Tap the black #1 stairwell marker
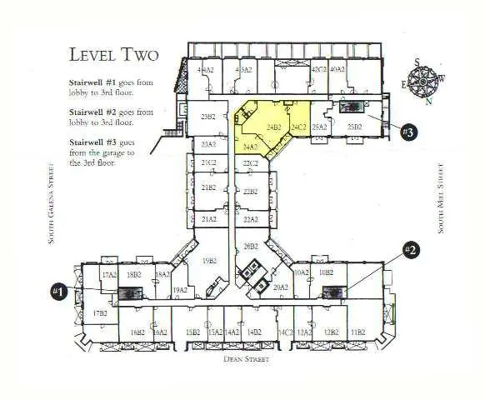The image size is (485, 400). click(x=59, y=291)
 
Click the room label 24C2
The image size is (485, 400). click(x=298, y=127)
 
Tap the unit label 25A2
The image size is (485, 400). click(x=319, y=127)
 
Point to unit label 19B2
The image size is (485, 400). click(x=209, y=261)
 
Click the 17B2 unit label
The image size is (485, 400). click(x=100, y=313)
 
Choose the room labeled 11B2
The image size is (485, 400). click(x=357, y=332)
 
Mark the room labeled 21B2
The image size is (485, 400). click(x=208, y=188)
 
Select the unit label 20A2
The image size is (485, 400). click(x=280, y=287)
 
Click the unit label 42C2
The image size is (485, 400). click(x=317, y=71)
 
